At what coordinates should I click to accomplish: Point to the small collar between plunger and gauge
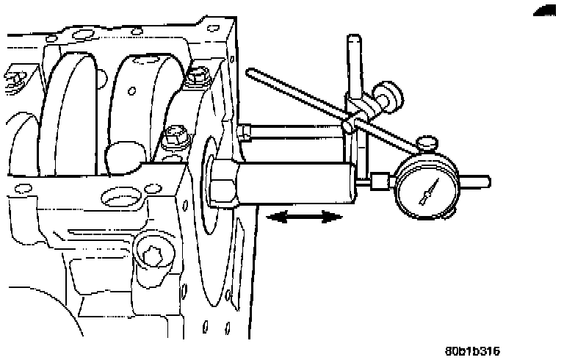[380, 179]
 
